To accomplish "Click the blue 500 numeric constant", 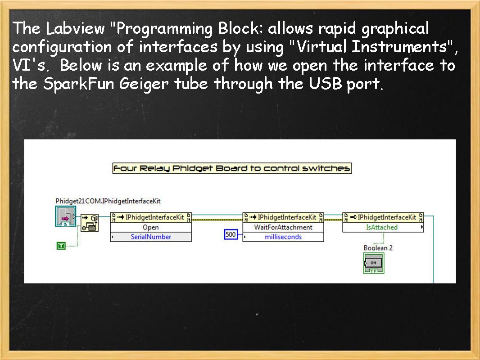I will coord(231,234).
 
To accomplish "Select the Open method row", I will coord(150,227).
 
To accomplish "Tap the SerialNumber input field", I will coord(151,237).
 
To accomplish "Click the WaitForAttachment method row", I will coord(283,227).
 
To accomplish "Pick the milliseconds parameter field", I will coord(283,237).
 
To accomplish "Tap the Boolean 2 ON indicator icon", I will coord(373,263).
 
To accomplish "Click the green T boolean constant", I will coord(61,245).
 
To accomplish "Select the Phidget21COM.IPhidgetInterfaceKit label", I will coord(108,201).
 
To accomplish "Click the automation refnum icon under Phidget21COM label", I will coord(65,217).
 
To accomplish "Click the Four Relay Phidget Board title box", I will coord(232,168).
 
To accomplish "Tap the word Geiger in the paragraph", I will coord(147,84).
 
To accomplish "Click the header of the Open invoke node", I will coord(151,217).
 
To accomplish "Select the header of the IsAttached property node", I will coord(383,217).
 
